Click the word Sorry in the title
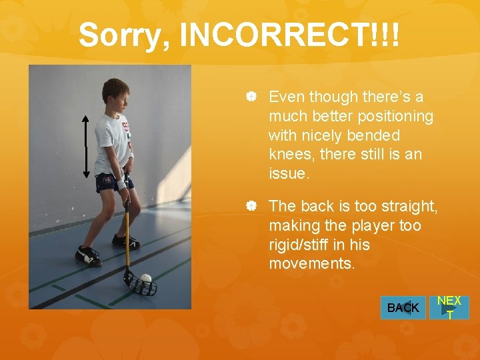click(x=123, y=35)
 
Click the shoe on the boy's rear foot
click(x=88, y=255)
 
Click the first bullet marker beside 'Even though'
click(x=252, y=97)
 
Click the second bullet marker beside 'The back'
click(x=252, y=207)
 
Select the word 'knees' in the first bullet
click(x=291, y=155)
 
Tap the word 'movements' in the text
click(x=309, y=264)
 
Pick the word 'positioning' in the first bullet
click(x=395, y=117)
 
